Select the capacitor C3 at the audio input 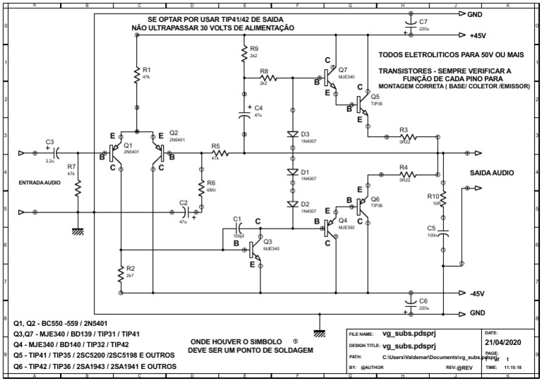tap(56, 152)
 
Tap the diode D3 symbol tap(293, 134)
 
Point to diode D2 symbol tap(293, 204)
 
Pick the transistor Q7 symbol tap(328, 74)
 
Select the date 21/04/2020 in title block tap(500, 342)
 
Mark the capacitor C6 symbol tap(408, 303)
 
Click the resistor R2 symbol tap(121, 273)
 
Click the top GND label tap(475, 14)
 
